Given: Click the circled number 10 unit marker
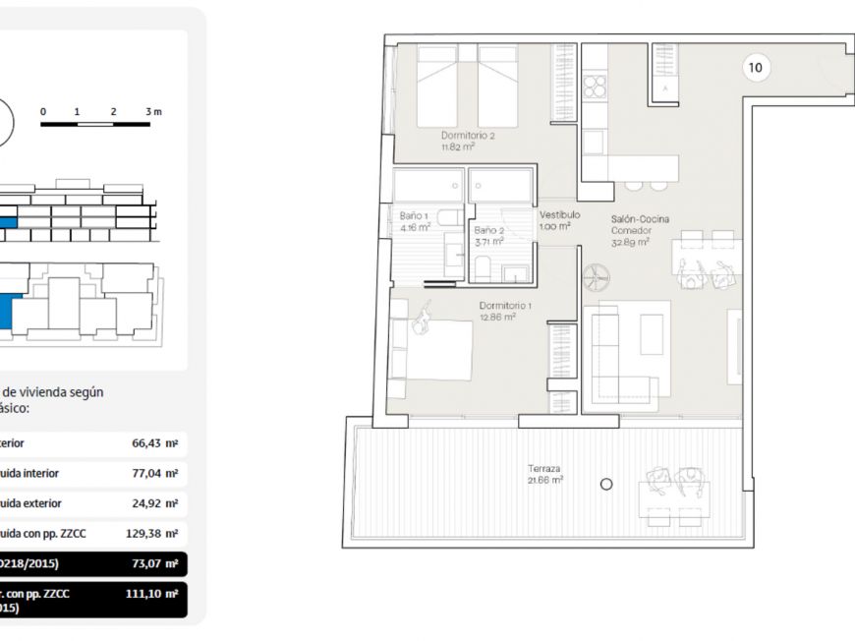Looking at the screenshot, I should pos(755,68).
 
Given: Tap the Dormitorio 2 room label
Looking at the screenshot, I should pos(467,136).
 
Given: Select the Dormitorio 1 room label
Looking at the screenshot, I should pos(505,306).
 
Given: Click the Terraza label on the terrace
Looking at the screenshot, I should pos(543,469).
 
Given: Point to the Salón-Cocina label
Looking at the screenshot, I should pos(640,219).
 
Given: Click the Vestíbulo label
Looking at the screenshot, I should pos(559,214).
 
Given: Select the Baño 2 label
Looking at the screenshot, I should pos(488,229).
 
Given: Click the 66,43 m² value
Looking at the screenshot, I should pos(154,443).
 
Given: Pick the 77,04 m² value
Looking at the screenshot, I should pos(154,473).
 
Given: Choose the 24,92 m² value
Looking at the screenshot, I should pos(154,503).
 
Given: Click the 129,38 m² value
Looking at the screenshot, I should pos(151,534).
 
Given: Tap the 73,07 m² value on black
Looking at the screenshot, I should pos(154,564).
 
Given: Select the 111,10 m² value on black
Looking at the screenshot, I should pos(151,594).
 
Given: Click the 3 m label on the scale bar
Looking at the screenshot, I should pos(152,112).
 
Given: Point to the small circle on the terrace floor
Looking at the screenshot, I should pos(606,484).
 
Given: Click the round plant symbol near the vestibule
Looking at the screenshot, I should pos(596,278).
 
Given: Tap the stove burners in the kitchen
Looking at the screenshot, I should pos(595,87).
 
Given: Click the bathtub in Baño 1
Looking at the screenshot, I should pos(427,185).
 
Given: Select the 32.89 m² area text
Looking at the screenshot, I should pos(630,242).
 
